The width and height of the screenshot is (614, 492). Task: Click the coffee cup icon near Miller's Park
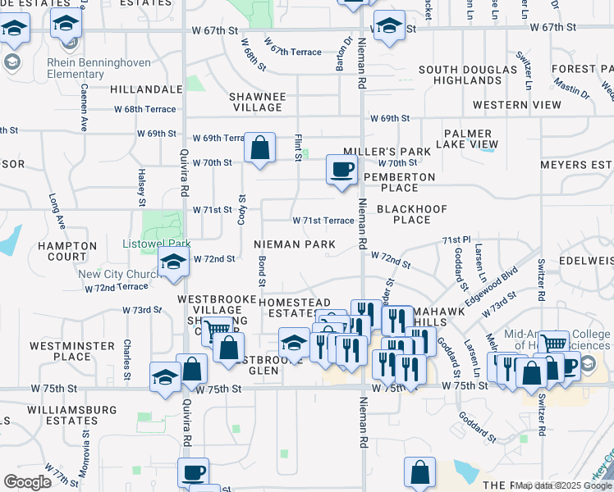pyautogui.click(x=341, y=170)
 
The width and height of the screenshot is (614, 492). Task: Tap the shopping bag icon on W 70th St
pyautogui.click(x=259, y=149)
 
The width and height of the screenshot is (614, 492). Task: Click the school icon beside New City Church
pyautogui.click(x=174, y=262)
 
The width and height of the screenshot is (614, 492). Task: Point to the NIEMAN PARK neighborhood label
pyautogui.click(x=294, y=244)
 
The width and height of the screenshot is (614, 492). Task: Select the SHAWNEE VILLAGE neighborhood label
pyautogui.click(x=259, y=102)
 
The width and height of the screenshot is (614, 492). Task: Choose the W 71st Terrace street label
pyautogui.click(x=323, y=221)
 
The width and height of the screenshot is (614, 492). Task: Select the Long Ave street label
pyautogui.click(x=56, y=211)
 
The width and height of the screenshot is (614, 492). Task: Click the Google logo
pyautogui.click(x=28, y=481)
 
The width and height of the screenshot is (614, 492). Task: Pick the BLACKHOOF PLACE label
pyautogui.click(x=411, y=214)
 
